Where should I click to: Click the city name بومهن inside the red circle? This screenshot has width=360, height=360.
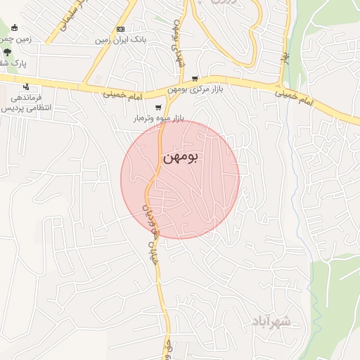pos(180,158)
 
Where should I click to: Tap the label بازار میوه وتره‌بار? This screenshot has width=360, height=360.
pos(159,119)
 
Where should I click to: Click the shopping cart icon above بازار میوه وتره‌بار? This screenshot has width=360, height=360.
pos(159,108)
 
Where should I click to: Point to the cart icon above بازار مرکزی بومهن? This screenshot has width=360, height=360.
pos(195,79)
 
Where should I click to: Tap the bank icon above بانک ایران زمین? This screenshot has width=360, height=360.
pos(121,29)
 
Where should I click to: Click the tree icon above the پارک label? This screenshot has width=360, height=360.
pos(7,52)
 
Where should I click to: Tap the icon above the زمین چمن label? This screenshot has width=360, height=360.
pos(14,27)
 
